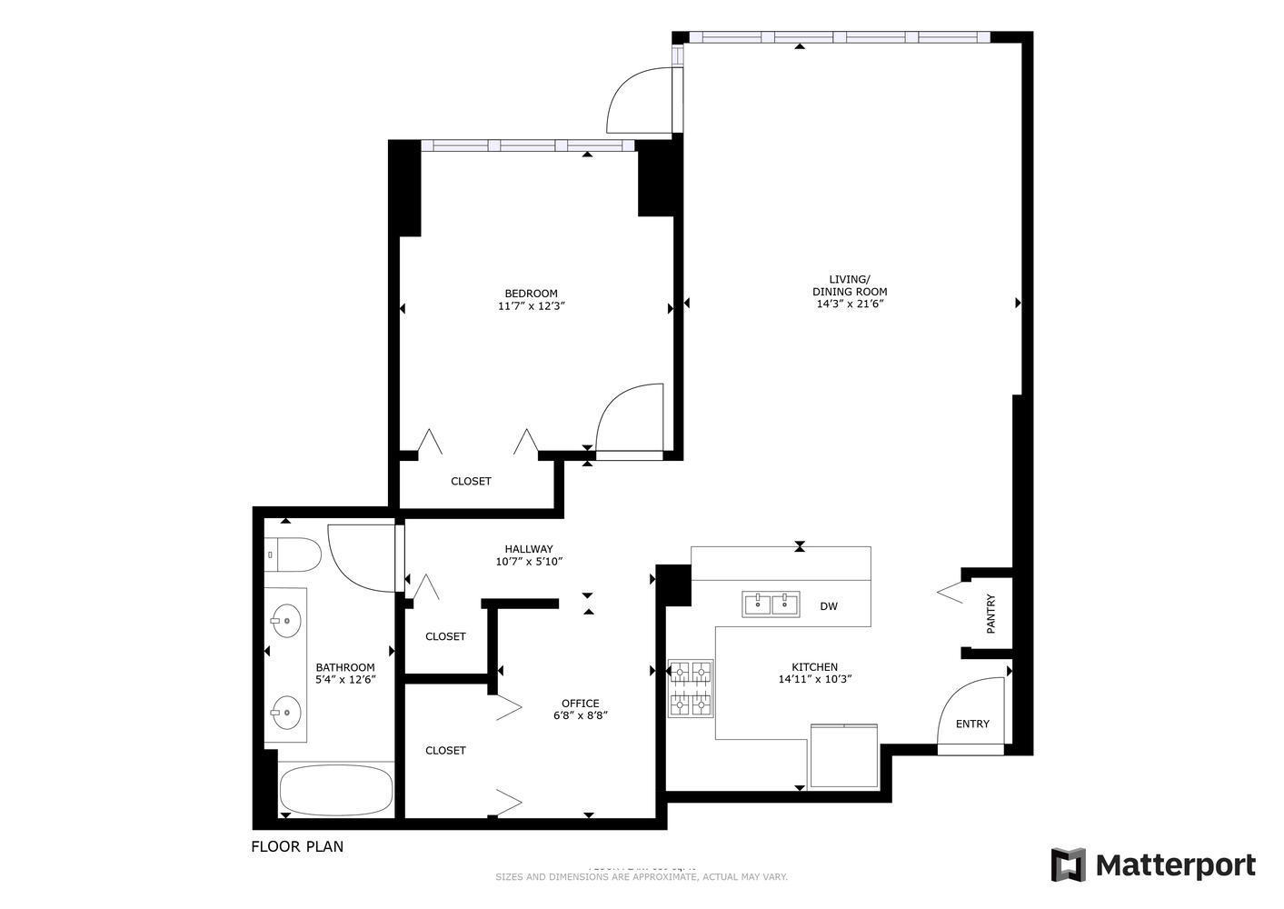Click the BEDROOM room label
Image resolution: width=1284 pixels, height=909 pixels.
(x=531, y=294)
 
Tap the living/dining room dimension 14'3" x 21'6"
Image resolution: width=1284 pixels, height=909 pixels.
(x=850, y=305)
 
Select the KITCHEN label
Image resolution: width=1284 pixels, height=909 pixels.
(x=814, y=666)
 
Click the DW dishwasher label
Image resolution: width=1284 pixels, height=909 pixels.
(x=829, y=606)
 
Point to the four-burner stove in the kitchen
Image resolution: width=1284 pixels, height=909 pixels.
(x=691, y=688)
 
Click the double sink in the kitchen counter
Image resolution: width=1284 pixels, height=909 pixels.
(x=771, y=604)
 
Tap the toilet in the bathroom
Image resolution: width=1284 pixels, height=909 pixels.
(x=293, y=554)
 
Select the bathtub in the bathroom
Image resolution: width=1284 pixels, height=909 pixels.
(x=335, y=790)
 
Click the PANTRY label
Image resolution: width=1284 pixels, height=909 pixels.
(x=990, y=614)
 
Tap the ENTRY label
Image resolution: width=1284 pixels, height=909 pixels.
(x=972, y=724)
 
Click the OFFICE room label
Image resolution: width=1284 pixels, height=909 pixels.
(x=580, y=703)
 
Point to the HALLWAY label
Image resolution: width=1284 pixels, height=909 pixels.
(x=529, y=548)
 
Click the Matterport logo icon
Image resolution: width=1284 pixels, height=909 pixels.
(x=1068, y=864)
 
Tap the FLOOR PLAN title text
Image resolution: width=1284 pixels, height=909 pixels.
(x=297, y=846)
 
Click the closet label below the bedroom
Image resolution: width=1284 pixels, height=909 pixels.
(x=471, y=481)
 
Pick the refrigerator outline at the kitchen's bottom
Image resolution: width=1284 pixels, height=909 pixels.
(x=843, y=755)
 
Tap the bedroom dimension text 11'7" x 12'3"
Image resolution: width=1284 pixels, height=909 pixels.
(x=532, y=307)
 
